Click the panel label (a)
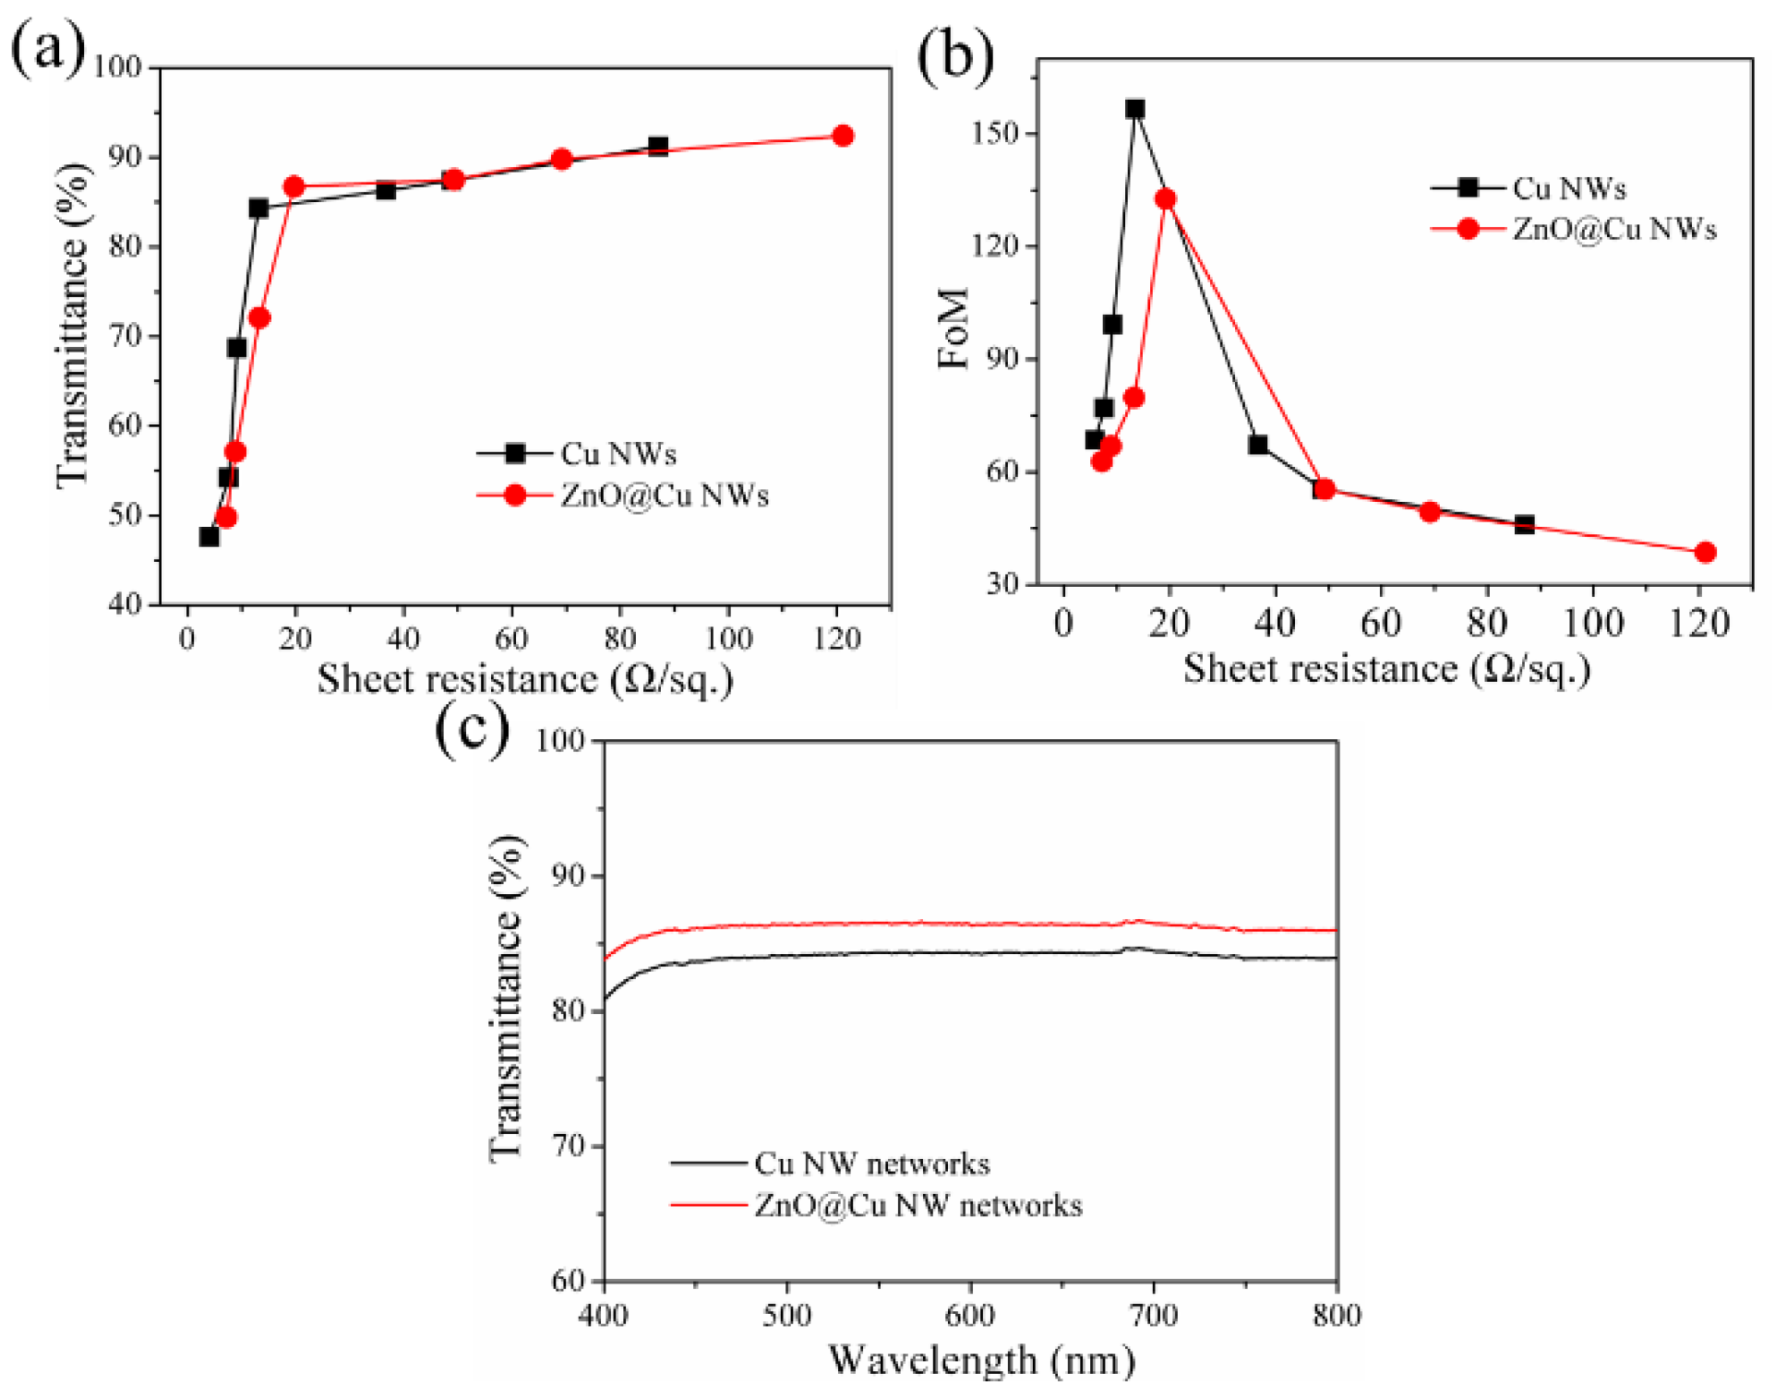point(48,49)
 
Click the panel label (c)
point(472,728)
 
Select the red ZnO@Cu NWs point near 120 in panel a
point(842,136)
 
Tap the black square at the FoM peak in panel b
point(1134,109)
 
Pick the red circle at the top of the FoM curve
point(1165,198)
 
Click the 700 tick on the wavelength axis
point(1153,1315)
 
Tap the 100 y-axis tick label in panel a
point(118,66)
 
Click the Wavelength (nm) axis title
point(981,1360)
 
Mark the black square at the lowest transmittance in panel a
point(210,536)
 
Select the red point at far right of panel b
point(1705,552)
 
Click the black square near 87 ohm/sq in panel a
point(657,146)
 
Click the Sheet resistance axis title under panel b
point(1386,668)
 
